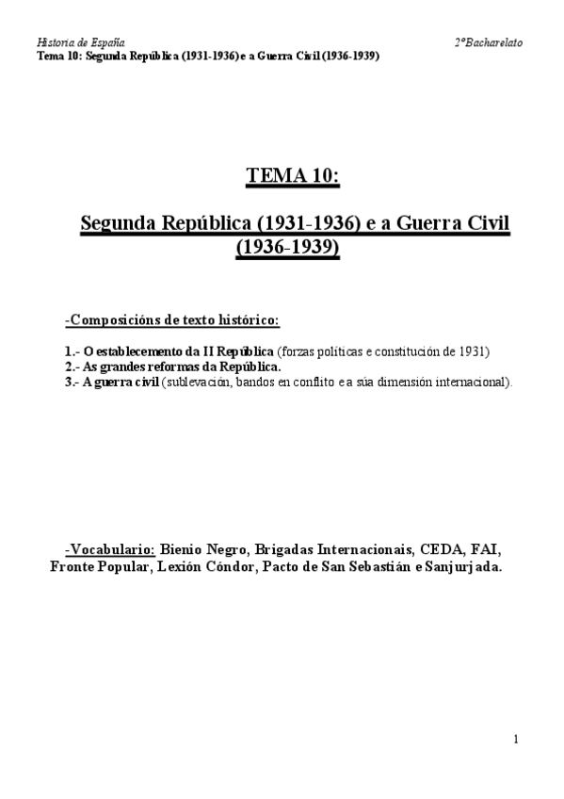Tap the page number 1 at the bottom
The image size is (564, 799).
click(517, 740)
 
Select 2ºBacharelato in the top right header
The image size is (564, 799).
click(489, 42)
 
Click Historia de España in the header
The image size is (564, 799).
click(80, 42)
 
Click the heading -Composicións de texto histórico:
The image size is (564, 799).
click(171, 320)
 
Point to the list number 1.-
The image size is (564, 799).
click(72, 351)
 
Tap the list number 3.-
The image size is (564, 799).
click(72, 382)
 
